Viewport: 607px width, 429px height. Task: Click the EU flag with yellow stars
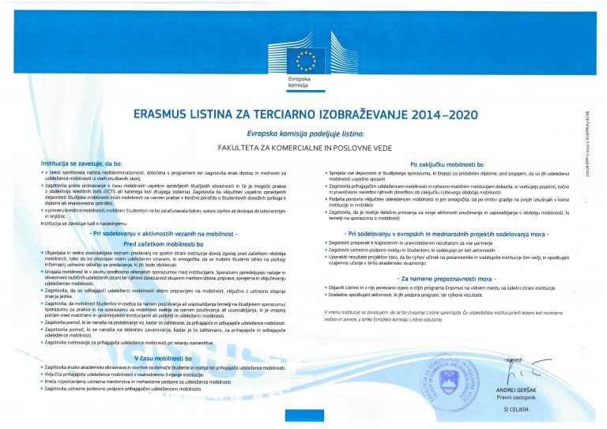tap(303, 56)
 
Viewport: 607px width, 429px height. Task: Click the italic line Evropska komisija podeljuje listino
tap(303, 134)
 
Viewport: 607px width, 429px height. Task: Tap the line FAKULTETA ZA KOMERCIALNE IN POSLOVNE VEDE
tap(303, 148)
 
